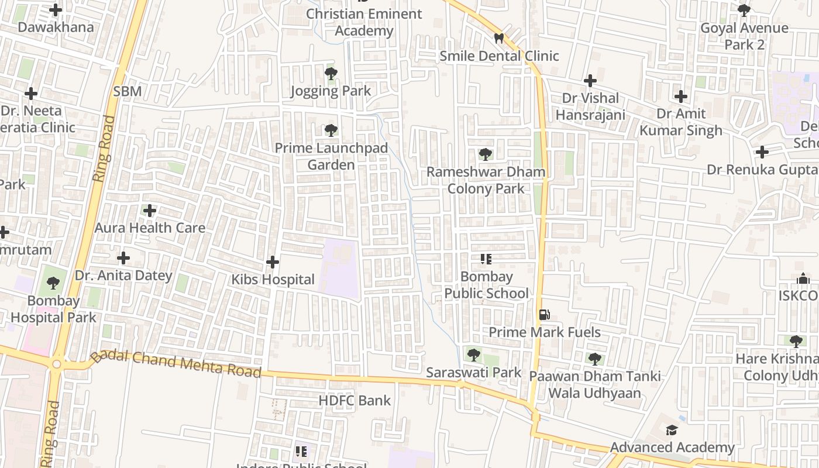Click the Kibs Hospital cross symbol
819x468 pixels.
(x=273, y=262)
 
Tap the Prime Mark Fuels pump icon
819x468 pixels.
(x=544, y=315)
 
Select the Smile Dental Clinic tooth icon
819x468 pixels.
(x=499, y=39)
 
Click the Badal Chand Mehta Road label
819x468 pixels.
(x=175, y=364)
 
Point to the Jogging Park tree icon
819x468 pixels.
(x=331, y=74)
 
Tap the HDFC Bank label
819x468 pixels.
(x=355, y=401)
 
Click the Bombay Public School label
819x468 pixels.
(x=486, y=285)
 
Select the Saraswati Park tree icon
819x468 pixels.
(x=474, y=355)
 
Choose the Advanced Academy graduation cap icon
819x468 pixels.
(x=672, y=431)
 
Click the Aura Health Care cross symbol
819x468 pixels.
(x=150, y=211)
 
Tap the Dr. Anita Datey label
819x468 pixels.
(x=123, y=276)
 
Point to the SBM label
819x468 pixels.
(x=128, y=91)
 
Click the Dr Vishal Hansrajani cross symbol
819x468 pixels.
(x=590, y=81)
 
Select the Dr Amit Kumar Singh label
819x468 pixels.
(x=681, y=122)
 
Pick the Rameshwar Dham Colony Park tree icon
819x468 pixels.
(x=485, y=154)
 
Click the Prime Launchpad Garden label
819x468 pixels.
(x=331, y=156)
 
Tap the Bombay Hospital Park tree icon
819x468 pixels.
(x=53, y=284)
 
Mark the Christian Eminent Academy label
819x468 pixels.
(x=364, y=22)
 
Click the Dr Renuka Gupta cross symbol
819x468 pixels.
(x=762, y=152)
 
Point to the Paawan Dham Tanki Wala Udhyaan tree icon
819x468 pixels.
(x=595, y=359)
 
